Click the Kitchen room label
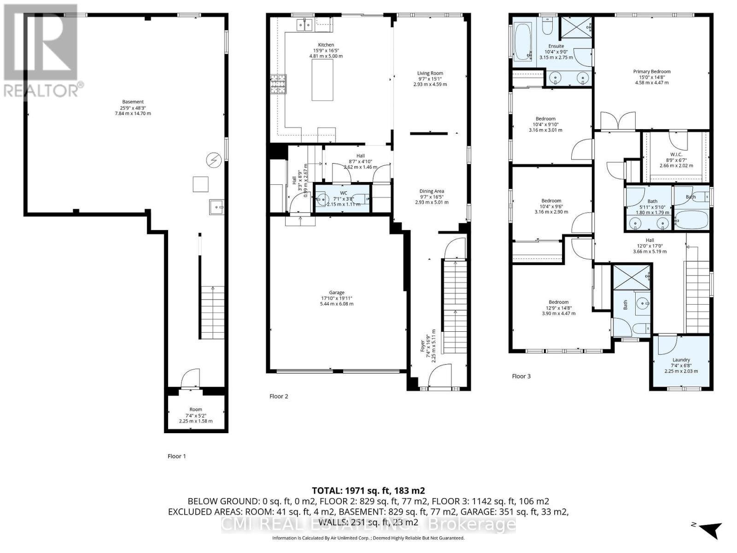pyautogui.click(x=326, y=45)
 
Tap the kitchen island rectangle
pyautogui.click(x=322, y=80)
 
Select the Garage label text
pyautogui.click(x=337, y=293)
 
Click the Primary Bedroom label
pyautogui.click(x=651, y=71)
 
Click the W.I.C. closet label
pyautogui.click(x=676, y=154)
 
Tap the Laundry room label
pyautogui.click(x=681, y=360)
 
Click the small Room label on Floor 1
pyautogui.click(x=196, y=409)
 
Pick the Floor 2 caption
pyautogui.click(x=279, y=396)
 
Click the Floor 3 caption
pyautogui.click(x=521, y=376)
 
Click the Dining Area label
pyautogui.click(x=432, y=191)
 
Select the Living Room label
pyautogui.click(x=430, y=73)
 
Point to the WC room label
pyautogui.click(x=344, y=193)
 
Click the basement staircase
pyautogui.click(x=212, y=312)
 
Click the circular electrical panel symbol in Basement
pyautogui.click(x=214, y=160)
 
